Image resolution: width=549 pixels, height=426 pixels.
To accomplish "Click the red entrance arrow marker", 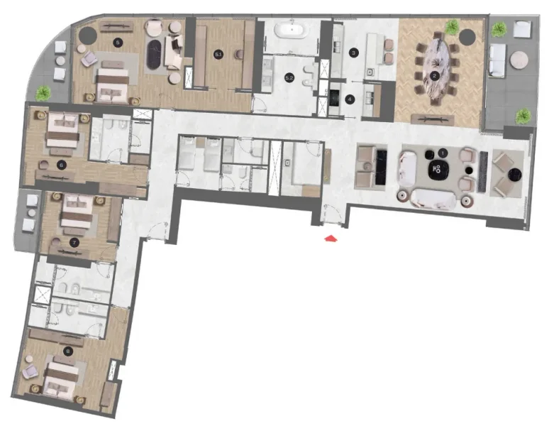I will (x=331, y=239).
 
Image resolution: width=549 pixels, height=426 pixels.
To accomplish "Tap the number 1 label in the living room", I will (x=442, y=152).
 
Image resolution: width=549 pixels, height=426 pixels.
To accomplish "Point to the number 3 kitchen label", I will (x=350, y=99).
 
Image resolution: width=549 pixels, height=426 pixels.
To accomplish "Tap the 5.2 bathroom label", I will (x=289, y=76).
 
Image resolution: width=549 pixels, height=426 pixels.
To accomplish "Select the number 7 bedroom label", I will (x=73, y=242).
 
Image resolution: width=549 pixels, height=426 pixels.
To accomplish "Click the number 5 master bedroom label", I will (x=118, y=43).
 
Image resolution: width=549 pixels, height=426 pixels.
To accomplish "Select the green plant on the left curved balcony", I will (x=45, y=92).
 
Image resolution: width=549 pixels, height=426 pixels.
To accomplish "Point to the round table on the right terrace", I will (x=519, y=58).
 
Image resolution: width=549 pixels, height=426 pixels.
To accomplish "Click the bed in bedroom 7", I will (x=74, y=214).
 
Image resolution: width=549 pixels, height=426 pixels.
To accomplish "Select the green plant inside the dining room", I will (x=451, y=28).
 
